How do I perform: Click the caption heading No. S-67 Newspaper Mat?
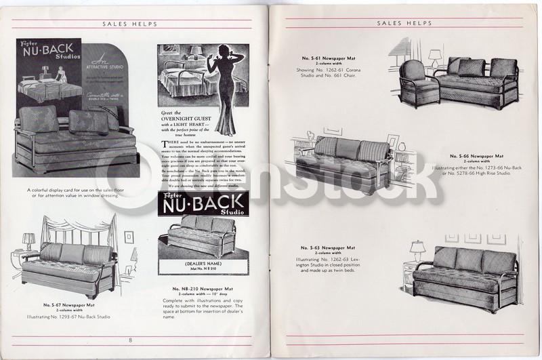tap(66, 305)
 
